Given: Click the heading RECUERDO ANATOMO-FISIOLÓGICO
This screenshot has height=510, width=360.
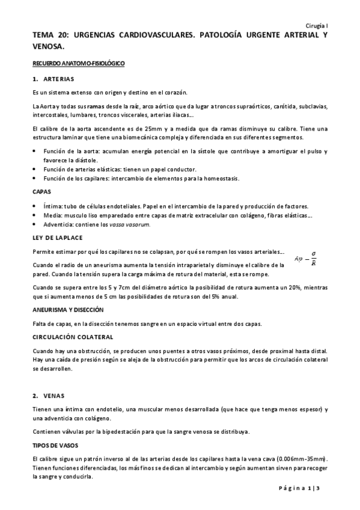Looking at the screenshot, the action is tap(78, 63).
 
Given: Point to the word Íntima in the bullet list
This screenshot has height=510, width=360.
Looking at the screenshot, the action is tap(53, 206).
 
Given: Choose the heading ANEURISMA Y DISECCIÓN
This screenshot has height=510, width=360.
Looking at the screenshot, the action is tap(68, 310).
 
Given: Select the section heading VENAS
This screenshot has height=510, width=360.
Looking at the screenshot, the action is tap(53, 395).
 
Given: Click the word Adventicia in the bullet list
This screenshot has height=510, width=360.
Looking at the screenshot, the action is tap(60, 224).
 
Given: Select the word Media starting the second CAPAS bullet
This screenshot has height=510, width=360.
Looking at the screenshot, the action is tap(52, 215).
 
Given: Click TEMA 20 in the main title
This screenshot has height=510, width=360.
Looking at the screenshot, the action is tap(49, 36).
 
